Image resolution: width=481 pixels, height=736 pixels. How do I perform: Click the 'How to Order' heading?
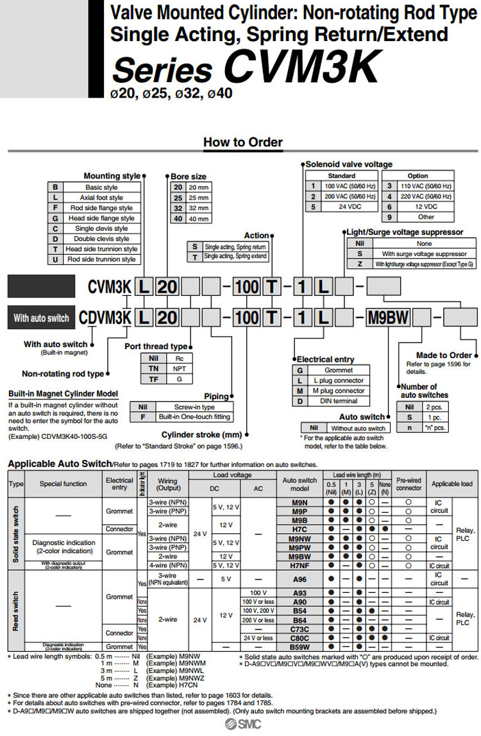tap(242, 142)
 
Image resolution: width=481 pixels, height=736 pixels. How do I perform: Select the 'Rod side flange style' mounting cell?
tap(101, 208)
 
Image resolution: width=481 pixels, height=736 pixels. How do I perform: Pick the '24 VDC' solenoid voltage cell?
tap(350, 207)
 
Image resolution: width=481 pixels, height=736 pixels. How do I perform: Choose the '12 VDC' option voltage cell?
tap(426, 207)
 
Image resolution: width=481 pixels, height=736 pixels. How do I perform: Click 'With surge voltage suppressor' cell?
tap(424, 254)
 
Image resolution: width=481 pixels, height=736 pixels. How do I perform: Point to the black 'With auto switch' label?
tap(41, 318)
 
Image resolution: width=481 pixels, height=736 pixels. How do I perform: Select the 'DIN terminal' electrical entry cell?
tap(339, 401)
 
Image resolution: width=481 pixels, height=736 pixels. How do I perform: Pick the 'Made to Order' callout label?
tap(444, 355)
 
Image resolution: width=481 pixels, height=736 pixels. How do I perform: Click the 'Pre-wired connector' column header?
tap(409, 484)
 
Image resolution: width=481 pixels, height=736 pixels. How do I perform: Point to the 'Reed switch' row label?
tap(15, 611)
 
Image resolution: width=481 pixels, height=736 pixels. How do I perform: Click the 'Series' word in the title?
tap(163, 70)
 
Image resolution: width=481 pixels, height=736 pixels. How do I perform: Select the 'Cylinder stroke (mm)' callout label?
tap(201, 434)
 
